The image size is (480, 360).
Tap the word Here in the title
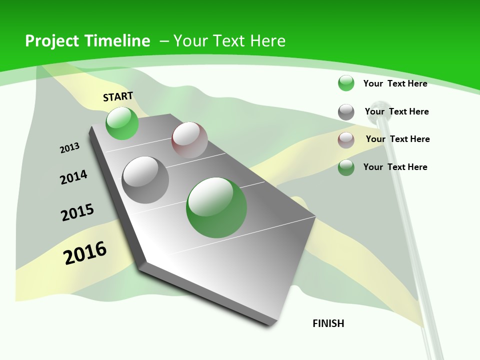click(x=267, y=41)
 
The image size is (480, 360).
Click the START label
click(x=118, y=96)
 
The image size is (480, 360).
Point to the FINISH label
click(x=328, y=323)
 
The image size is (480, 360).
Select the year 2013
click(x=70, y=148)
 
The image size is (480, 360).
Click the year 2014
click(x=74, y=177)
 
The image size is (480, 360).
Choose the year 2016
click(x=85, y=253)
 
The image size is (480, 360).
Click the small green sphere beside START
click(x=122, y=123)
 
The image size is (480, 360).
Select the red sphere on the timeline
click(x=189, y=140)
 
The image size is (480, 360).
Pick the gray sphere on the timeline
click(x=145, y=180)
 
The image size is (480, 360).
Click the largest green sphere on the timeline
click(x=216, y=207)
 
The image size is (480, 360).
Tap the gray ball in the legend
click(x=346, y=112)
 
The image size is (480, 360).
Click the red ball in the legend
click(x=346, y=140)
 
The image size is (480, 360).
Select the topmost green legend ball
click(x=346, y=83)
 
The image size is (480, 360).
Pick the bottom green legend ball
click(x=346, y=167)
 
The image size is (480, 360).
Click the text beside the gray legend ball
click(x=396, y=111)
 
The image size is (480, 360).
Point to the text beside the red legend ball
click(x=397, y=139)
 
